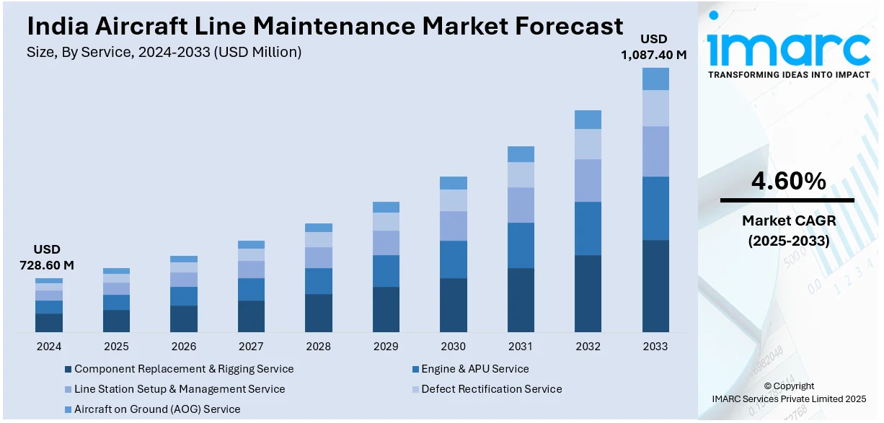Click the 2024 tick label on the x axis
click(49, 346)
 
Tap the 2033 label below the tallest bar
click(655, 346)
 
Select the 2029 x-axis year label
click(386, 346)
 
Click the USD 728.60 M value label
click(47, 257)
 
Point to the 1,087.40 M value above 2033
click(654, 53)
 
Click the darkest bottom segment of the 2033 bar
click(655, 286)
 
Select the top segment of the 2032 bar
click(588, 120)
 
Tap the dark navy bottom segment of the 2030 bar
click(454, 306)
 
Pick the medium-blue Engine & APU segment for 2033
click(655, 208)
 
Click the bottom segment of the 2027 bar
click(251, 316)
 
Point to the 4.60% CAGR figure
click(788, 182)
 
